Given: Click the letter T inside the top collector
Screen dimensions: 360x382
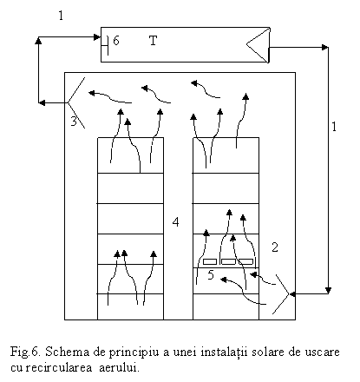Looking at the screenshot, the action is (x=153, y=41).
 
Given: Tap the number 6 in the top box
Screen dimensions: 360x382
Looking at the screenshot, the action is (x=116, y=41).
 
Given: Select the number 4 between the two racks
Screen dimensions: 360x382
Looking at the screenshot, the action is (x=175, y=222).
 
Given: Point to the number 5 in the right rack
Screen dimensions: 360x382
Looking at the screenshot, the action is (x=211, y=274).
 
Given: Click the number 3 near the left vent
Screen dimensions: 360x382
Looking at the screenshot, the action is (x=74, y=121).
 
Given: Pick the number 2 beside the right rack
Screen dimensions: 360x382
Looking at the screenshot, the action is (x=275, y=247).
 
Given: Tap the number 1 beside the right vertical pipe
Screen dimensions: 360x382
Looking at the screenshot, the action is (x=334, y=127).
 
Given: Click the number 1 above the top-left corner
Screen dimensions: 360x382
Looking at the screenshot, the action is (x=61, y=16).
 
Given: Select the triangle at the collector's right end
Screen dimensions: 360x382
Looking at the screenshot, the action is (x=258, y=45).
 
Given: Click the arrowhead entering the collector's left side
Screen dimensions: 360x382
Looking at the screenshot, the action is (x=97, y=37).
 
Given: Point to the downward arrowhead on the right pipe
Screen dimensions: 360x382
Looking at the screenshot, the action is (x=328, y=290).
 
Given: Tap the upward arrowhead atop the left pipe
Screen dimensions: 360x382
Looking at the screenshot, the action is (x=38, y=40).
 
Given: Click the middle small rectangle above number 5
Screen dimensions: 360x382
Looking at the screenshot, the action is (x=228, y=261).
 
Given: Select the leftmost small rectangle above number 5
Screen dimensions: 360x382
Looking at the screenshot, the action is (x=210, y=261).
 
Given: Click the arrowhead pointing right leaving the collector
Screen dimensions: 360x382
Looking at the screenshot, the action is (x=324, y=47).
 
